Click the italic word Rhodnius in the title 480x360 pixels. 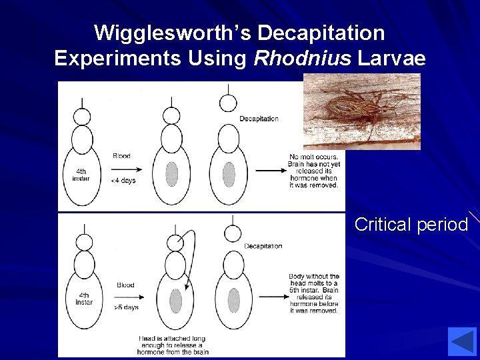pyautogui.click(x=303, y=58)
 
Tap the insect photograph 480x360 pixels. pyautogui.click(x=362, y=111)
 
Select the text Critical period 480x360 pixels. pyautogui.click(x=411, y=225)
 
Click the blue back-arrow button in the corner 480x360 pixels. pyautogui.click(x=462, y=341)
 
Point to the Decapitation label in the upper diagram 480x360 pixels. pyautogui.click(x=259, y=119)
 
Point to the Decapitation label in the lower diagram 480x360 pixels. pyautogui.click(x=263, y=246)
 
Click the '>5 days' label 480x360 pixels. pyautogui.click(x=125, y=307)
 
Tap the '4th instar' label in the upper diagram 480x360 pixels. pyautogui.click(x=81, y=174)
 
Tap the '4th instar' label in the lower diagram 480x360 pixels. pyautogui.click(x=84, y=298)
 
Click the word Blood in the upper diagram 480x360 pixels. pyautogui.click(x=121, y=155)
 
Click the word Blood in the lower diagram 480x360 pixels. pyautogui.click(x=125, y=285)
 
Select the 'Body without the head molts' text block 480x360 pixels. pyautogui.click(x=313, y=293)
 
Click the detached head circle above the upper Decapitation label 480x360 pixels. pyautogui.click(x=228, y=103)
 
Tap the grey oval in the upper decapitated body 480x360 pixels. pyautogui.click(x=229, y=174)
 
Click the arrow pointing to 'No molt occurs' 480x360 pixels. pyautogui.click(x=271, y=171)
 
